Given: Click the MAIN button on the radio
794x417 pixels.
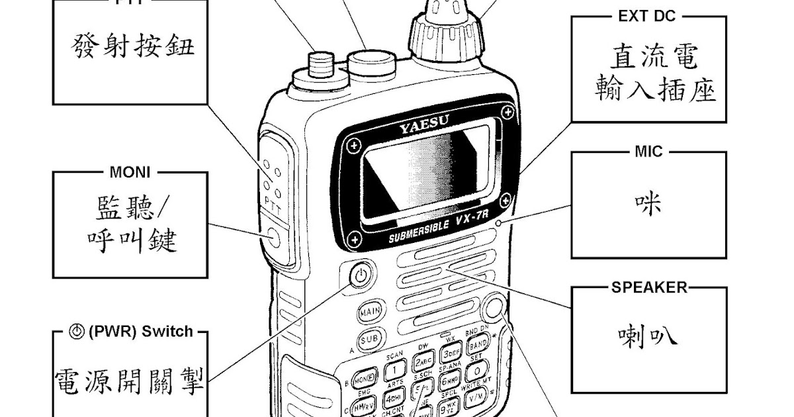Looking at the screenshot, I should (x=369, y=311).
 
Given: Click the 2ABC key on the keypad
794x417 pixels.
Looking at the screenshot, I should (x=423, y=361).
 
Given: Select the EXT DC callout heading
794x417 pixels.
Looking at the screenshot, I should (x=647, y=17).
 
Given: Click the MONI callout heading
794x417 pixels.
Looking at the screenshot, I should (x=130, y=173).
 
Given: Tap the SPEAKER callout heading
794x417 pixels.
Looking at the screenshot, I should (x=649, y=288).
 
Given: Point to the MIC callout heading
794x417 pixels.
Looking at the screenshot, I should (x=648, y=152).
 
